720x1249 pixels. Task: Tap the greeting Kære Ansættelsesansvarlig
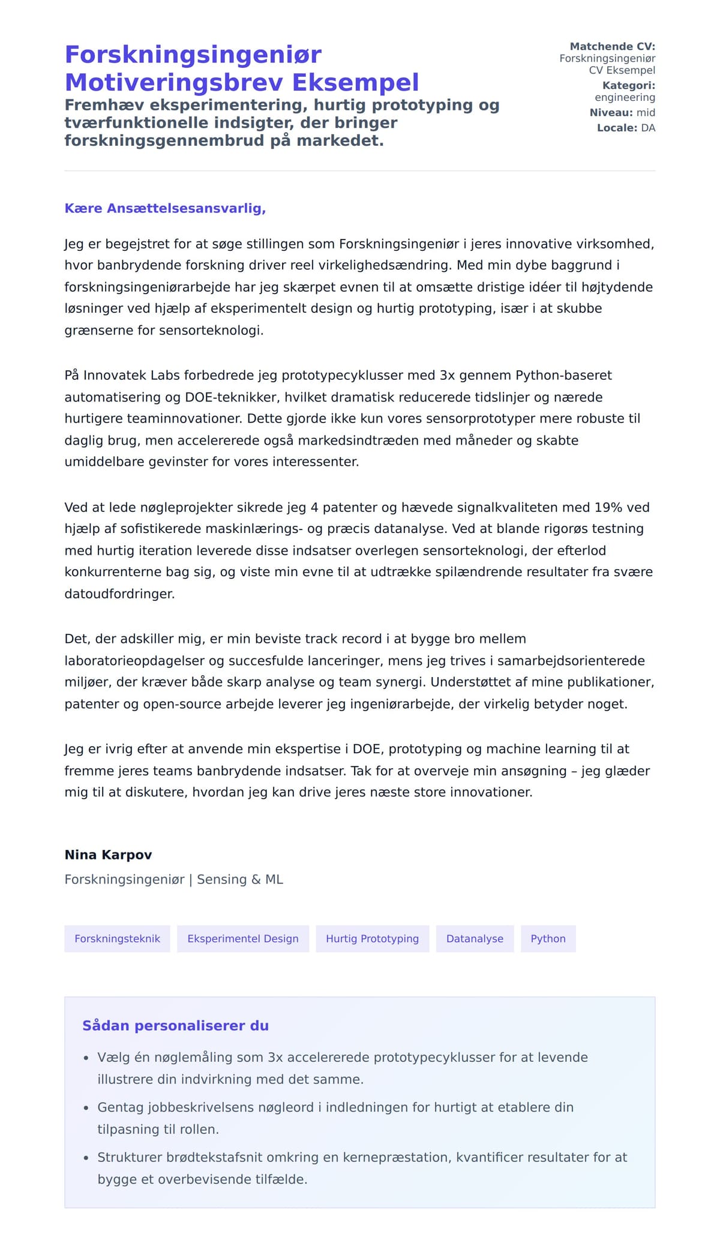[165, 208]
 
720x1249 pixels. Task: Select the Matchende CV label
[612, 46]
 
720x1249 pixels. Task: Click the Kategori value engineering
[625, 97]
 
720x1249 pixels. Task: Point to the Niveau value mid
[646, 112]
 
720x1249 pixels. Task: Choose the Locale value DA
[648, 128]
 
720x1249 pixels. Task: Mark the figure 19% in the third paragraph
[608, 507]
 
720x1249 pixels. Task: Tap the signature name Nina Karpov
[108, 855]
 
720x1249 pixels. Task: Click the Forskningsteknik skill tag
[117, 939]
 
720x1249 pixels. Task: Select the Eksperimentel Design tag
[242, 939]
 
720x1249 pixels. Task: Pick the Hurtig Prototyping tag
[372, 939]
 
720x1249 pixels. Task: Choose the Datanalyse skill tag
[475, 939]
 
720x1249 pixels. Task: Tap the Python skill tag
[548, 939]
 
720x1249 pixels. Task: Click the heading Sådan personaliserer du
[175, 1026]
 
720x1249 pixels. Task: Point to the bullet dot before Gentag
[86, 1108]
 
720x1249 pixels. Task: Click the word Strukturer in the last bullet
[130, 1157]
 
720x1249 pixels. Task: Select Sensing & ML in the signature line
[240, 879]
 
